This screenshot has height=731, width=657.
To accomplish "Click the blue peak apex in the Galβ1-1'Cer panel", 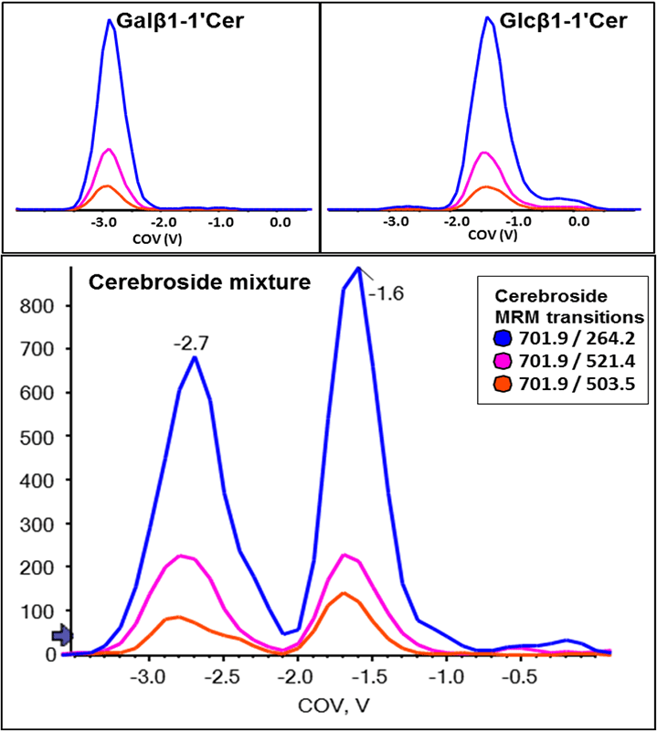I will point(111,20).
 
